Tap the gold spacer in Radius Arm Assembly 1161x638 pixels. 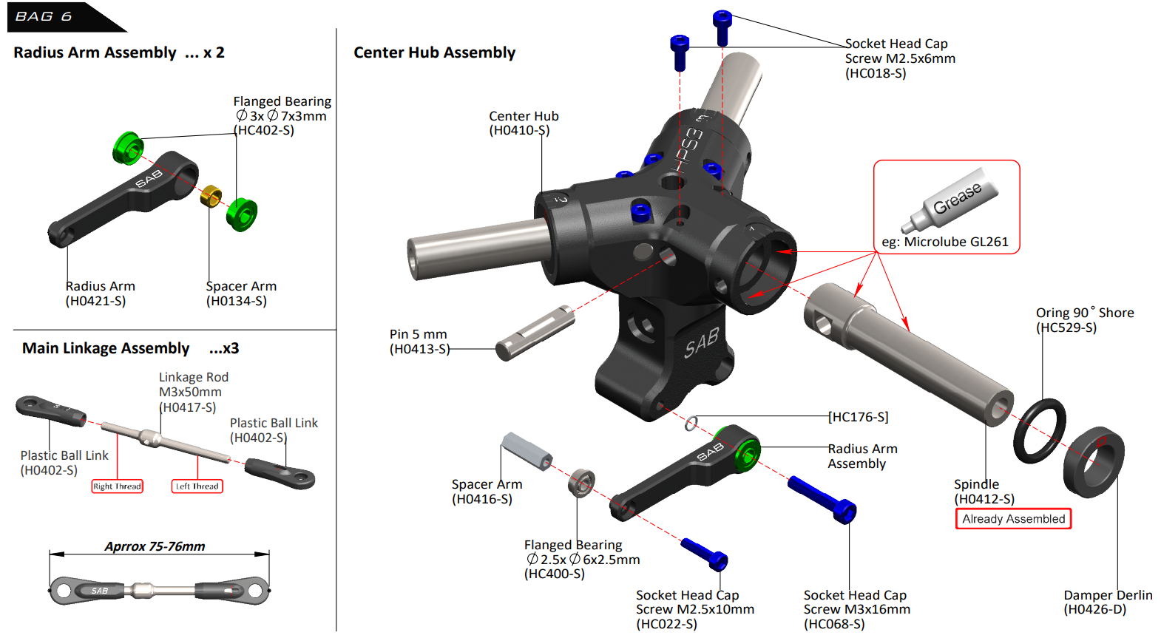pos(211,196)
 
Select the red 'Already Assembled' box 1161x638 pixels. pos(1013,519)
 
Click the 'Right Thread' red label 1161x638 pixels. pos(117,486)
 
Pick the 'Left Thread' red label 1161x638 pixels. pos(197,486)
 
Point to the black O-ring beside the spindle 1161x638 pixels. pos(1040,431)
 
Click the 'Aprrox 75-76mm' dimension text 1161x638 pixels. pos(155,546)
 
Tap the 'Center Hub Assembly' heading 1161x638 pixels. pos(434,52)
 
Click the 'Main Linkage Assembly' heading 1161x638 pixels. pos(106,348)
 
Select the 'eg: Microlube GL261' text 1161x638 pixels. pos(944,242)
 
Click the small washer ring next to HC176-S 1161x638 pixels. pos(691,423)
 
